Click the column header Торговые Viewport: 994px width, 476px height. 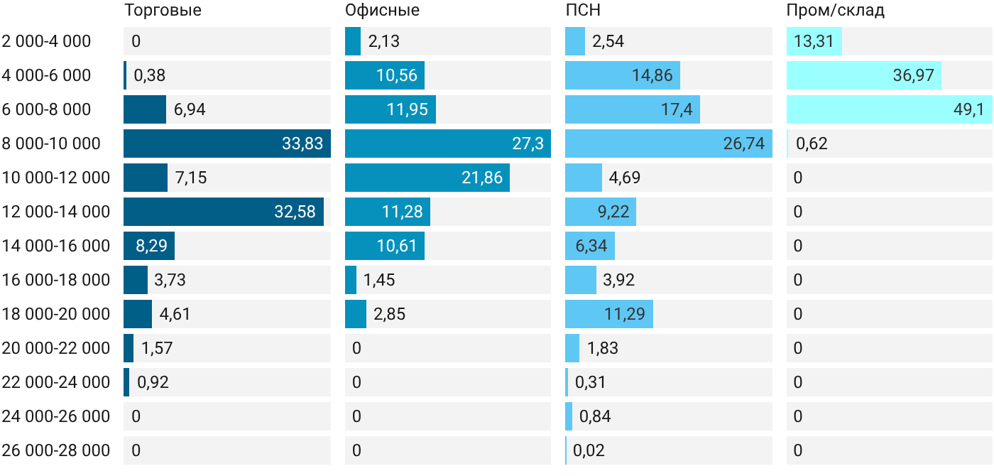163,10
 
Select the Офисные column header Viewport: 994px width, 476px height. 382,10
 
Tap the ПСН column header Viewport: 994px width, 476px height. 583,10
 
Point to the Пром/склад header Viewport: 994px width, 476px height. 836,10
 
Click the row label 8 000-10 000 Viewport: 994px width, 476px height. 51,144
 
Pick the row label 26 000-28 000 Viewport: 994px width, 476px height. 56,450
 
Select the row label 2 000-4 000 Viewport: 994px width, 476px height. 46,41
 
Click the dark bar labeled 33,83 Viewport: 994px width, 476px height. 227,144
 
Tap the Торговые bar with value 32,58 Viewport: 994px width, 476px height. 224,212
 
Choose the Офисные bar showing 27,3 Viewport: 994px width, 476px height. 448,144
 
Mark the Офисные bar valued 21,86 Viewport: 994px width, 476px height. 427,178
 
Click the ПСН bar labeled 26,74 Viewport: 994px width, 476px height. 669,144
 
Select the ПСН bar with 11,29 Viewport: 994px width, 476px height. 609,314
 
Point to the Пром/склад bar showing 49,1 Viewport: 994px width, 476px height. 889,109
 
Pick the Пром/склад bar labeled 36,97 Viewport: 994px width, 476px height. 864,75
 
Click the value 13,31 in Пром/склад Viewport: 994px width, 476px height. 814,41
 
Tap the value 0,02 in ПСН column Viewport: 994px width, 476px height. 589,450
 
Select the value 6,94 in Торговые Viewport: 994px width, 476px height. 190,109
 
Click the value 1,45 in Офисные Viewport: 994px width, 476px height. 379,280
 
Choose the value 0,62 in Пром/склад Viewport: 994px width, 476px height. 812,144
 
